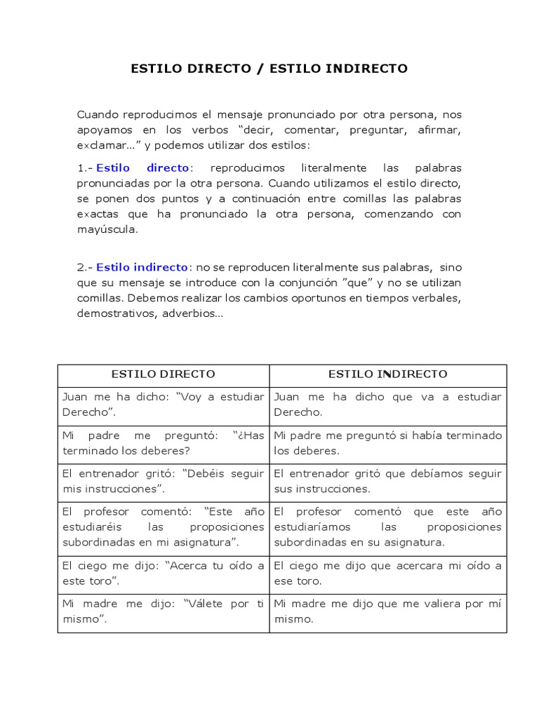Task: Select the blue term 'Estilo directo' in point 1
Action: coord(142,168)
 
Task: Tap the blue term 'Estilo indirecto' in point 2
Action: coord(142,267)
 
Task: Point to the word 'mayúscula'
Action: coord(107,229)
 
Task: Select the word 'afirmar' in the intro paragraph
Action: coord(439,130)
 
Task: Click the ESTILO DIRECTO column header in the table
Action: coord(163,374)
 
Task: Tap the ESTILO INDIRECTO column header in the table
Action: coord(387,374)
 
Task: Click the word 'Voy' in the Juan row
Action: coord(193,396)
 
